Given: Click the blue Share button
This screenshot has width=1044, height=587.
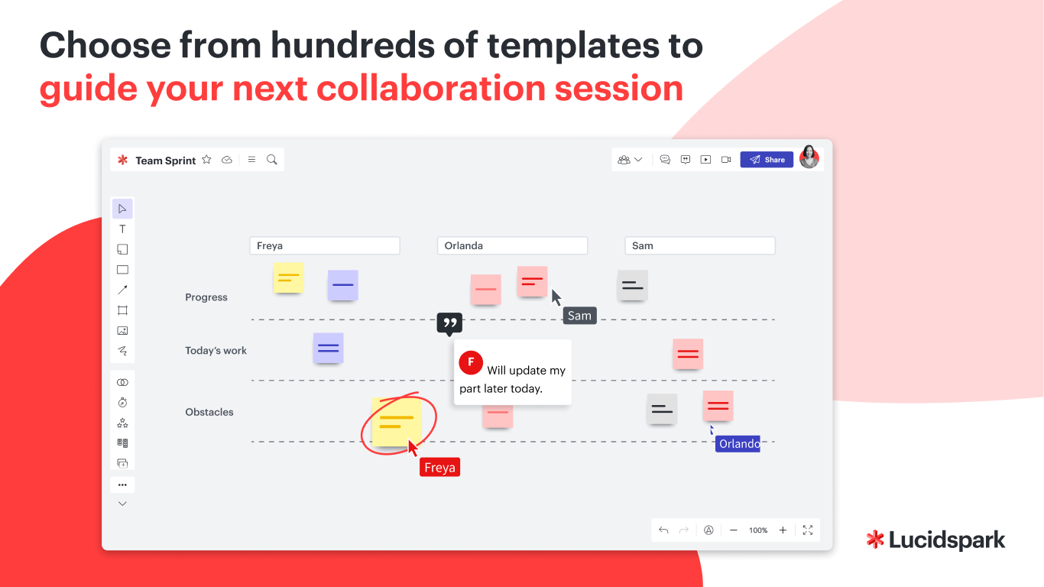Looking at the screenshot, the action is point(767,160).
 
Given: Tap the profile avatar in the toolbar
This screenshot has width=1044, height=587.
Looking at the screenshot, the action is point(809,157).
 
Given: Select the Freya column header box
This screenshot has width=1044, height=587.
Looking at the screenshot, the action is point(325,245).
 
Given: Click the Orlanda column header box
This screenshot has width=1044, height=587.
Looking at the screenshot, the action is point(512,245).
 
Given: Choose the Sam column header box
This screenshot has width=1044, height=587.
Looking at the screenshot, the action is point(700,245).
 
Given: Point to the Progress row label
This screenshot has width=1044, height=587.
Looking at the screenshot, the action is point(206,297).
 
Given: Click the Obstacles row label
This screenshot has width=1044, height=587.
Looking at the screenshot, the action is point(209,412).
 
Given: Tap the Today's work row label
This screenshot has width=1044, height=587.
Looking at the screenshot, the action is point(216,351).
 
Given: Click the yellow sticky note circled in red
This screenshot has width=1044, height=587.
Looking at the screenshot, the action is point(397,421).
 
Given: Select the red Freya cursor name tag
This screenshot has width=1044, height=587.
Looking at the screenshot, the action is point(439,467).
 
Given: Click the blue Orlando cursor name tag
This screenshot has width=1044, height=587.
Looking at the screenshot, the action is point(738,444).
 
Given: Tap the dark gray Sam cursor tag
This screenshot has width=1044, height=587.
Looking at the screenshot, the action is point(579,316).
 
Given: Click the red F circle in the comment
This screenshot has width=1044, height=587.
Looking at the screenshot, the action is point(471,363).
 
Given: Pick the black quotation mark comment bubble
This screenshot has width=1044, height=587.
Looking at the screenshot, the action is point(449,323).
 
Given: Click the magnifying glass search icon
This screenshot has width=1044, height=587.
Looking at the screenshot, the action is point(272,160).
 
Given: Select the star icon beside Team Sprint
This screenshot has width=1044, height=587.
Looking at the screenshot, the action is point(206,160).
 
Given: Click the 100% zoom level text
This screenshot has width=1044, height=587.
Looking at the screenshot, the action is point(758,530).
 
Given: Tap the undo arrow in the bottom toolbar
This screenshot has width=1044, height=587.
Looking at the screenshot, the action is point(663,530).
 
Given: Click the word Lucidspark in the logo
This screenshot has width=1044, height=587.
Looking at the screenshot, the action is point(947,540).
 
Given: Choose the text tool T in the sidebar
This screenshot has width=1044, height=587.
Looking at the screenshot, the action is point(122,229).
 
